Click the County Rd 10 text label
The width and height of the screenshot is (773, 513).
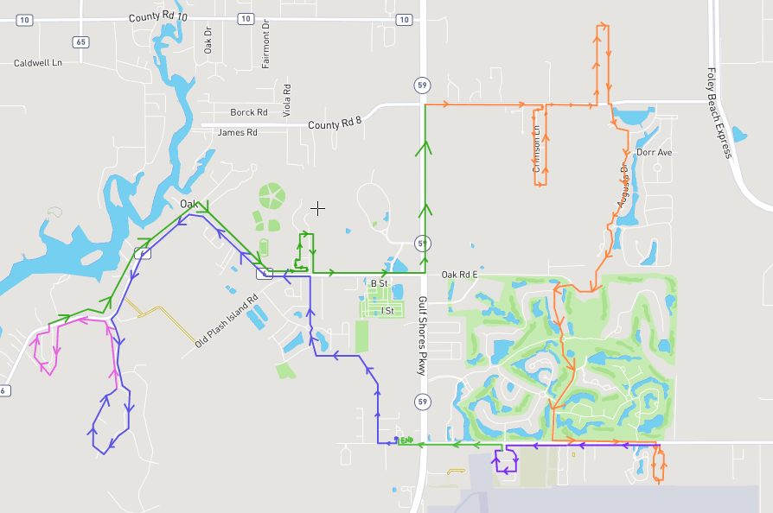tap(157, 17)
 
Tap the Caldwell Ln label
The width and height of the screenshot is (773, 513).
tap(38, 63)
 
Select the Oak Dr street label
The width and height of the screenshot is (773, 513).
tap(208, 41)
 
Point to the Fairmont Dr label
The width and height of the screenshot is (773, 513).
tap(266, 42)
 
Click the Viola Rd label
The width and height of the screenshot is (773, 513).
tap(287, 100)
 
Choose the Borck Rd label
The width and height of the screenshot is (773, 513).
tap(249, 112)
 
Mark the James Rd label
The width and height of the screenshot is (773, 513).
tap(238, 132)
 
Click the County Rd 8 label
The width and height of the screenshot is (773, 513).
tap(334, 125)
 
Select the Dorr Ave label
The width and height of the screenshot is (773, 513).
tap(654, 152)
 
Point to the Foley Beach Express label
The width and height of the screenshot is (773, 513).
tap(719, 113)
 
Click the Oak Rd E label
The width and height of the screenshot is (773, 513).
tap(460, 275)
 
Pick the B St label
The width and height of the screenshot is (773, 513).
tap(380, 283)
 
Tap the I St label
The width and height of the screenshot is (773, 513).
tap(386, 310)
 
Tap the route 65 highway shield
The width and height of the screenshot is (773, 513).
tap(81, 41)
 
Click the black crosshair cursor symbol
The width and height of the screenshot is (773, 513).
tap(318, 208)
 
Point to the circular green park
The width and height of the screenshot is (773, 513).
tap(272, 196)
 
